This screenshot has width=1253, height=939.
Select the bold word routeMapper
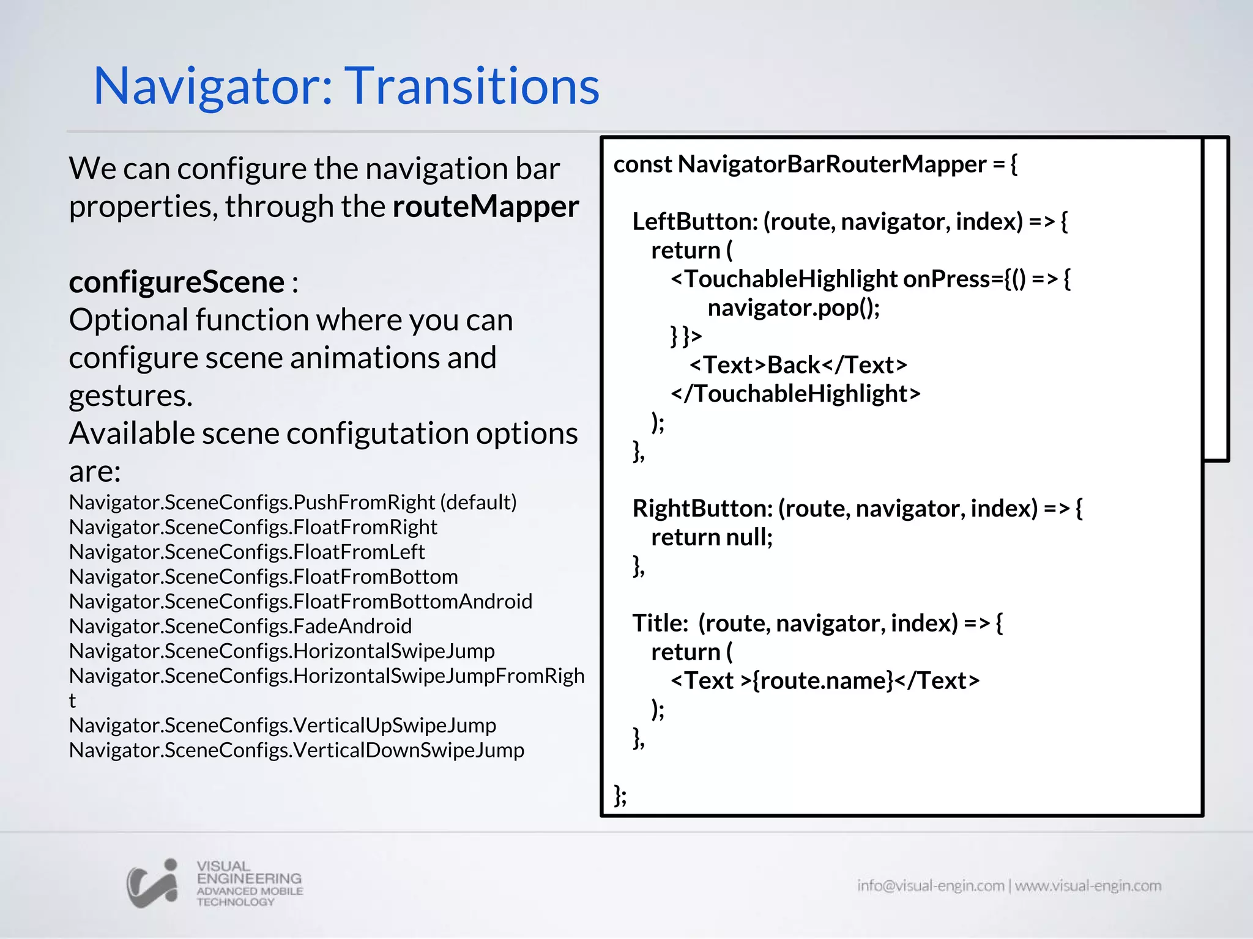pyautogui.click(x=485, y=207)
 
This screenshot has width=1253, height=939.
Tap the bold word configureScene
pyautogui.click(x=176, y=282)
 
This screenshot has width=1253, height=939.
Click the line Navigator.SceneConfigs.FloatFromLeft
pyautogui.click(x=247, y=552)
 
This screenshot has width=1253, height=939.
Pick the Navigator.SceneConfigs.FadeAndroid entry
pyautogui.click(x=240, y=627)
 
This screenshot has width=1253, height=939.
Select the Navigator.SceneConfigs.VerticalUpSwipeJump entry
pyautogui.click(x=282, y=726)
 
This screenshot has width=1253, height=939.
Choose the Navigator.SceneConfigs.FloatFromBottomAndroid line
pyautogui.click(x=300, y=602)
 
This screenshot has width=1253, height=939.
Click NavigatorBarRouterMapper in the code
pyautogui.click(x=832, y=164)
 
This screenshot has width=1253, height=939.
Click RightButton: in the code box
pyautogui.click(x=702, y=509)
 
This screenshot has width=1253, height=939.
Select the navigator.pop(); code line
pyautogui.click(x=794, y=307)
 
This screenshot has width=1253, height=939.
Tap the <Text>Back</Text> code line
pyautogui.click(x=798, y=365)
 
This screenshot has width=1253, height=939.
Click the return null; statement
pyautogui.click(x=712, y=537)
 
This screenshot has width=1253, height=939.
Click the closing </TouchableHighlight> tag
pyautogui.click(x=795, y=394)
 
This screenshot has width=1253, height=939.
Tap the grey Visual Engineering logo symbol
pyautogui.click(x=152, y=883)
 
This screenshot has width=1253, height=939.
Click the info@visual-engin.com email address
pyautogui.click(x=930, y=886)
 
